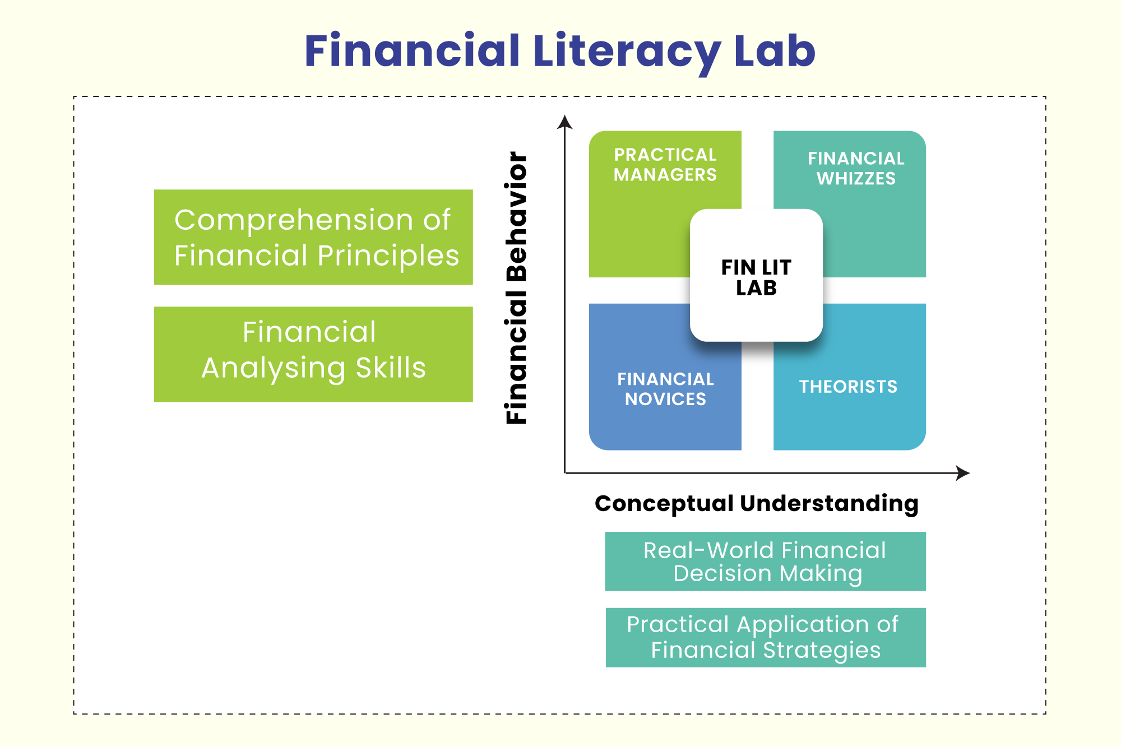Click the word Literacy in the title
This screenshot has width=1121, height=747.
pyautogui.click(x=627, y=53)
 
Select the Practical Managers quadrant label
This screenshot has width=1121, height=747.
pyautogui.click(x=665, y=165)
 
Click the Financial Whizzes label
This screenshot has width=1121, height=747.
pyautogui.click(x=856, y=168)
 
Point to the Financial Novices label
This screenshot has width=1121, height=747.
pyautogui.click(x=665, y=389)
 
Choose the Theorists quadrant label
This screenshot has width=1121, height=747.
pyautogui.click(x=848, y=387)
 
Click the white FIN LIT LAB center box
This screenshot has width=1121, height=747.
pyautogui.click(x=756, y=275)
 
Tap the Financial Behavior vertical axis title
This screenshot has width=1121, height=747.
pyautogui.click(x=516, y=287)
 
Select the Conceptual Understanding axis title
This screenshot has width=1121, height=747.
pyautogui.click(x=757, y=503)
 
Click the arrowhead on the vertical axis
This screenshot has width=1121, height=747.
pyautogui.click(x=565, y=122)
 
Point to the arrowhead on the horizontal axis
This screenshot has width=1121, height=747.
pyautogui.click(x=963, y=473)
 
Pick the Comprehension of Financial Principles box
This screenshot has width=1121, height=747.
pyautogui.click(x=313, y=237)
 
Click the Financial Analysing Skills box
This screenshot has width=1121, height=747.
pyautogui.click(x=313, y=354)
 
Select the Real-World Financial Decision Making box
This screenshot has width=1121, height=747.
pyautogui.click(x=765, y=562)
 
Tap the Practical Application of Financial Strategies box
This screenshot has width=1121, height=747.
pyautogui.click(x=766, y=638)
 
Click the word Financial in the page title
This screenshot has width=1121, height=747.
pyautogui.click(x=413, y=50)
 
